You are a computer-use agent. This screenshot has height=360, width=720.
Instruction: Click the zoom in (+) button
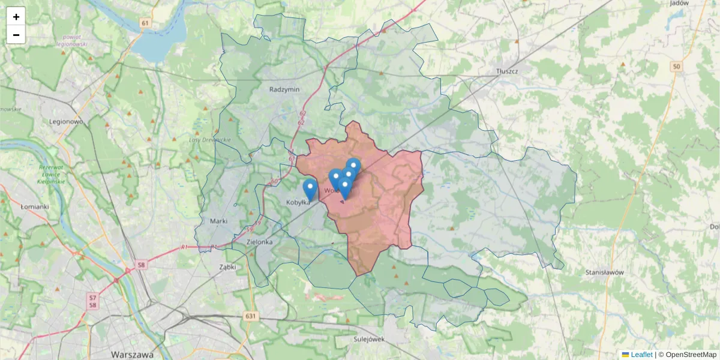pos(16,17)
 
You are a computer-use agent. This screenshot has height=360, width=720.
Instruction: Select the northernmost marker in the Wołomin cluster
pos(353,166)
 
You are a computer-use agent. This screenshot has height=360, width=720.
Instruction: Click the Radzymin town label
pos(284,89)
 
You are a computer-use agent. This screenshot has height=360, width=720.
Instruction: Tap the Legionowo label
pos(66,121)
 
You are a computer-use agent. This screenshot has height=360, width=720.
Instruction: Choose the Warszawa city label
pos(132,354)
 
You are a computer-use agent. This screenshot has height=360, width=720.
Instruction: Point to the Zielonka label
pos(260,242)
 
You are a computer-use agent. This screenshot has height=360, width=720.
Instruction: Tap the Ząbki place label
pos(227,266)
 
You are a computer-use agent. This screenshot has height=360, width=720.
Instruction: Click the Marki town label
pos(218,221)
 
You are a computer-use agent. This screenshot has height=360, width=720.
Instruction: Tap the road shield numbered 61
pos(145,23)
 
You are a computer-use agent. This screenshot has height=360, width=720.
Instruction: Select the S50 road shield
pos(677,67)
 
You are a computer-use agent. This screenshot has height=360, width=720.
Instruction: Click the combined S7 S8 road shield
pos(93,301)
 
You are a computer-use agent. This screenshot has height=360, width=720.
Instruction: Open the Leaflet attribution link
pos(641,355)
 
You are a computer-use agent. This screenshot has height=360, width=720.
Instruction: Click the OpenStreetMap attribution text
pos(691,355)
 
